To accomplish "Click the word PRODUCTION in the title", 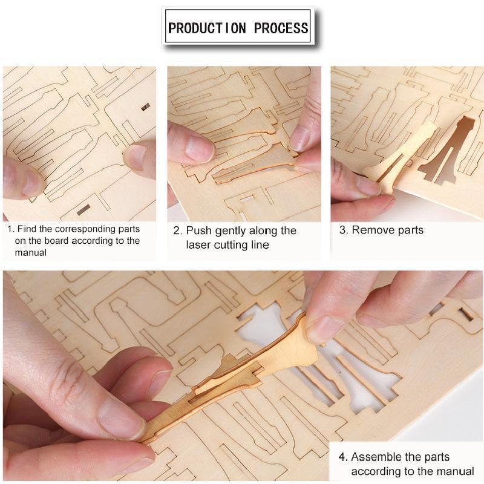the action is [x=207, y=28].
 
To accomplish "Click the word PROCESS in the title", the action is [x=281, y=28].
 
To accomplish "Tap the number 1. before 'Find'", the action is [x=11, y=229].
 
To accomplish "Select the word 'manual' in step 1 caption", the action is [x=31, y=253].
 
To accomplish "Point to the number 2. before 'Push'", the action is [x=178, y=231].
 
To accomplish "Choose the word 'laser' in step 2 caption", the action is [x=198, y=245].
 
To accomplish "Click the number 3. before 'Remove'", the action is [x=344, y=230].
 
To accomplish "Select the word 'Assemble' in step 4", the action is [x=376, y=457].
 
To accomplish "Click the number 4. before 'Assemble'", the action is [x=343, y=457].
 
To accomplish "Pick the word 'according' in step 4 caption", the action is [x=376, y=472].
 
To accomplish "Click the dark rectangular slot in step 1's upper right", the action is [x=145, y=107].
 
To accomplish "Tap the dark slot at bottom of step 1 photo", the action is [x=83, y=209].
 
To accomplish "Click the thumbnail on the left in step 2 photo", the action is [x=200, y=147].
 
